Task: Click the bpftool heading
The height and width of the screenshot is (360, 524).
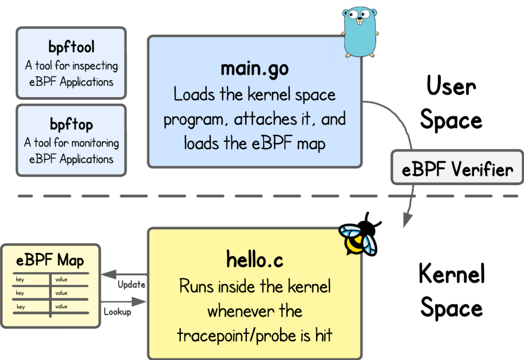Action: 71,47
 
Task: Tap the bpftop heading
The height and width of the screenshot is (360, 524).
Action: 71,124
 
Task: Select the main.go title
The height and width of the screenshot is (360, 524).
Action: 255,69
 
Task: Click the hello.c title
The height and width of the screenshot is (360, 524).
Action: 255,260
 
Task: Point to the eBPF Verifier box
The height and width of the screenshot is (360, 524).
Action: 457,168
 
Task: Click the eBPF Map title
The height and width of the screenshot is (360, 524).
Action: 50,260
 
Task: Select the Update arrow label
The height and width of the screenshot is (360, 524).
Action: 131,285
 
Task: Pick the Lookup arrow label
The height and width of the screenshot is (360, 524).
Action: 117,312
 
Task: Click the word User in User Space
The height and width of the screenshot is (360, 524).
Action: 451,86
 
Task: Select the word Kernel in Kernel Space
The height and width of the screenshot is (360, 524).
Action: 452,274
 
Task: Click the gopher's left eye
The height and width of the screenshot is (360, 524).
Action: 353,14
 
